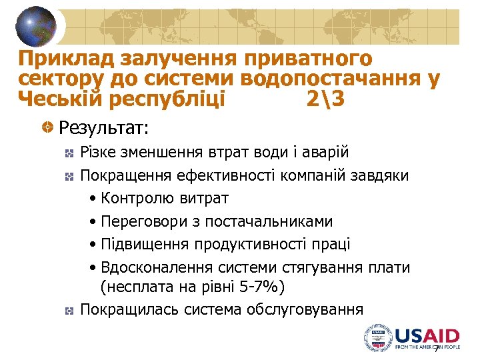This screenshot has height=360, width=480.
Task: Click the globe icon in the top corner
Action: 37,27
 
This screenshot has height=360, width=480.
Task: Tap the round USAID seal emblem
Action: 378,338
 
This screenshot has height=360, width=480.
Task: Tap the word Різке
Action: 97,153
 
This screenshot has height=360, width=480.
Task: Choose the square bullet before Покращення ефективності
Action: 67,177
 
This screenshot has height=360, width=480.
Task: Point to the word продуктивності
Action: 253,245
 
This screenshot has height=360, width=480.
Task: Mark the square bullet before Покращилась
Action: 67,310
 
